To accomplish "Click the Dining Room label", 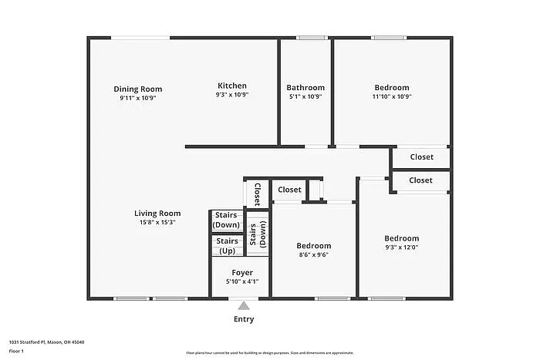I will tap(138, 89).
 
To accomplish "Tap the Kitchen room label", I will tap(231, 86).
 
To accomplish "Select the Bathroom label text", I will tap(305, 88).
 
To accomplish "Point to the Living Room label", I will tap(157, 214).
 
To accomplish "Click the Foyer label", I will tap(242, 273).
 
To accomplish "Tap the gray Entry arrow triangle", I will tap(244, 306).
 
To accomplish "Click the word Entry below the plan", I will tap(244, 319).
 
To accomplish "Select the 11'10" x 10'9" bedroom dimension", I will tap(392, 97).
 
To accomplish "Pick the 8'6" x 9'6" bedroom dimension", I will tap(314, 255).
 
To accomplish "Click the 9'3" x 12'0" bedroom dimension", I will tap(402, 247).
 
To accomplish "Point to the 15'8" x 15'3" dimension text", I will tap(157, 223).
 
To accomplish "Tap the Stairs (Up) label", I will tap(227, 246).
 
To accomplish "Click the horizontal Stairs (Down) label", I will tap(227, 220).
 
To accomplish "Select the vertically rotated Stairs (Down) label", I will tap(258, 234).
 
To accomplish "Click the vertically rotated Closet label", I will tap(258, 194).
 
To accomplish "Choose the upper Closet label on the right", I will tap(421, 157).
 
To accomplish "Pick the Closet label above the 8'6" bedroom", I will tap(289, 190).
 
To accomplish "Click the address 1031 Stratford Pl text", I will tap(47, 341).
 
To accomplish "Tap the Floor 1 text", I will tap(17, 352).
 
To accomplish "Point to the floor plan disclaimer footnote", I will tap(269, 352).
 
